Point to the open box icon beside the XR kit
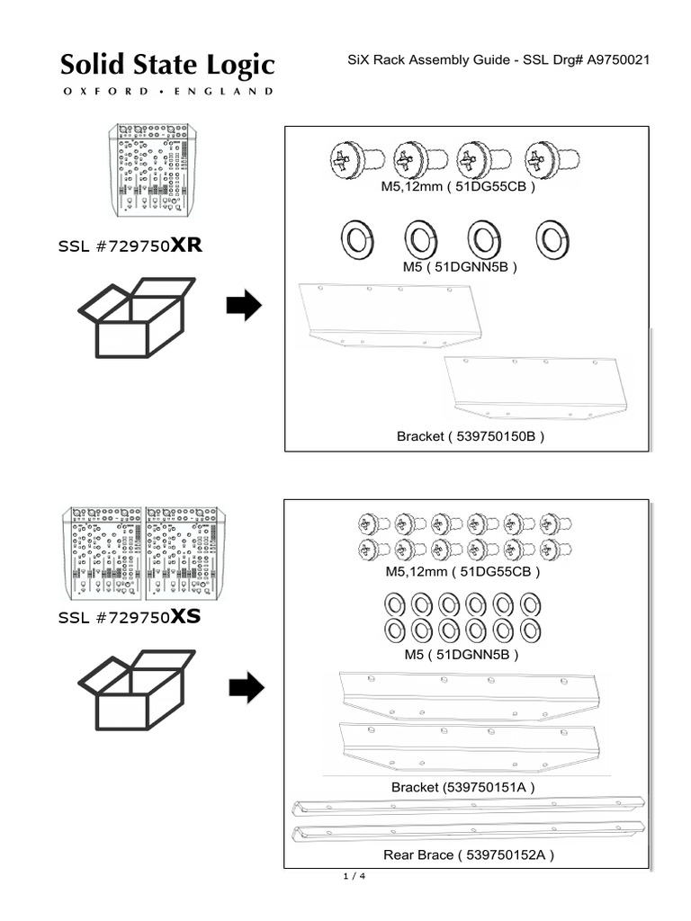click(x=135, y=318)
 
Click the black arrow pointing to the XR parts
click(x=244, y=306)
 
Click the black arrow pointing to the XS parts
click(x=247, y=690)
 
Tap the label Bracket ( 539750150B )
click(x=471, y=437)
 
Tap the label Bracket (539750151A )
click(x=463, y=787)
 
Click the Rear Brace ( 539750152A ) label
click(x=462, y=854)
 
